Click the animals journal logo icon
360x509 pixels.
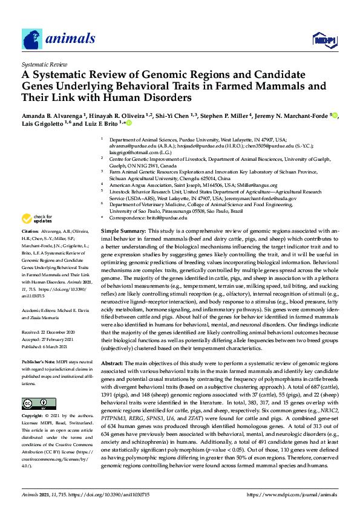(x=32, y=39)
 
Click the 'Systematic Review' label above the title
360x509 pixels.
(x=44, y=63)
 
